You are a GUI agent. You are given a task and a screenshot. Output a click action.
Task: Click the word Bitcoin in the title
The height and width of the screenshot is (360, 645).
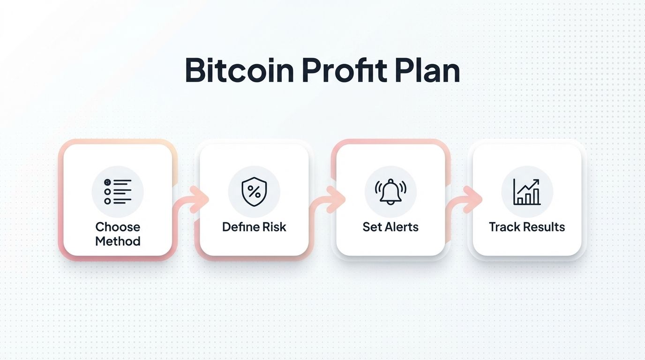[240, 70]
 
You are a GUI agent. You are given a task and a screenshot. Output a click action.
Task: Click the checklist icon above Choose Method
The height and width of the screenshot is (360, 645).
[118, 192]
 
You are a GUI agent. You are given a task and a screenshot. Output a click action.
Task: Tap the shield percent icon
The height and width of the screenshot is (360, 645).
[254, 192]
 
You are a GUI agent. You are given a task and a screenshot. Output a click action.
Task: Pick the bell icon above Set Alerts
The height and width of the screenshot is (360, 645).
[390, 192]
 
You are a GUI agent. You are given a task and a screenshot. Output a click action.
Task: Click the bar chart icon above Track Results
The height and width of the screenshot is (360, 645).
[527, 192]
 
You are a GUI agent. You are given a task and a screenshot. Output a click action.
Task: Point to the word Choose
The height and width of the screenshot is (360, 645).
[118, 227]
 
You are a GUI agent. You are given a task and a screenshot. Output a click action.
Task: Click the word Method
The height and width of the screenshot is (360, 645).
[118, 241]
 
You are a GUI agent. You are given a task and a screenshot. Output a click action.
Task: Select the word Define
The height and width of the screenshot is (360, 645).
[240, 227]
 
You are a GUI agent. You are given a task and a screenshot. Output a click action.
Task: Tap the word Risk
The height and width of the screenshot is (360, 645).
[274, 227]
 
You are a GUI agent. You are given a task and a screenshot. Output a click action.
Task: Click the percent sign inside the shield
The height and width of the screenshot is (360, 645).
[254, 191]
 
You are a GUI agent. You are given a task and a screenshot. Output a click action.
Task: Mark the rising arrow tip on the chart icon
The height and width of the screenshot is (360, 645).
[537, 181]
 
